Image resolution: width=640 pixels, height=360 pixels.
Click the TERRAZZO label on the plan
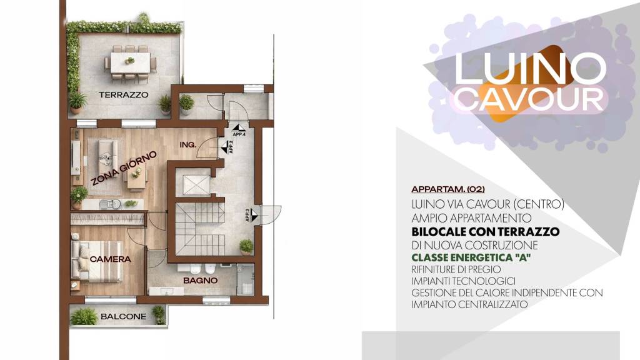click(x=123, y=95)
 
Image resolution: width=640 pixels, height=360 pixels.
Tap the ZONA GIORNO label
click(x=124, y=167)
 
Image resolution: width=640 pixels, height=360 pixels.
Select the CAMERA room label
click(x=110, y=259)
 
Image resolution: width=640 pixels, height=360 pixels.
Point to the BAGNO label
click(x=200, y=281)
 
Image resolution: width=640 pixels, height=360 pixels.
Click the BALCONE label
click(x=123, y=316)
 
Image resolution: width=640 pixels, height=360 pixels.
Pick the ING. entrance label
click(x=187, y=144)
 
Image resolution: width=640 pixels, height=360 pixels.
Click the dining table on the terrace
click(x=130, y=62)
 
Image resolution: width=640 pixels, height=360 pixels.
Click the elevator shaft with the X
click(x=196, y=185)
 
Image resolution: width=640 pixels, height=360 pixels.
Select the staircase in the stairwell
click(x=200, y=229)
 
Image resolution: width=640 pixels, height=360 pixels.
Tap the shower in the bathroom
click(x=245, y=279)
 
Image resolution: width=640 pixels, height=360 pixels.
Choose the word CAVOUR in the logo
click(x=529, y=99)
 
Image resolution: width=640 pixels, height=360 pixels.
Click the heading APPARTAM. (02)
click(x=448, y=189)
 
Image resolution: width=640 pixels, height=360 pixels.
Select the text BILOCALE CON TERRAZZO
click(x=485, y=231)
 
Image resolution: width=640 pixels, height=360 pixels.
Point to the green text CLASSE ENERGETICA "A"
click(x=471, y=257)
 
